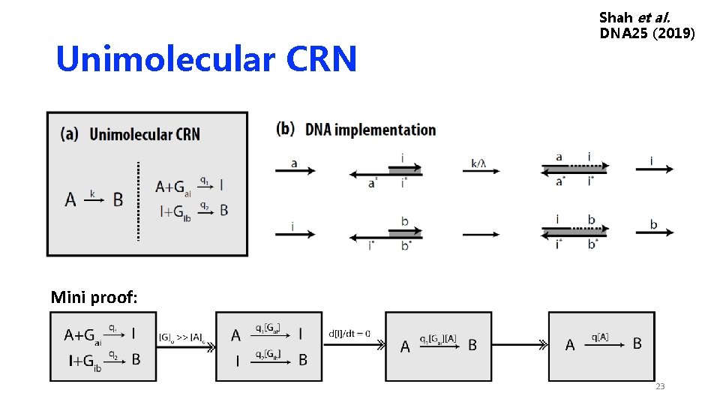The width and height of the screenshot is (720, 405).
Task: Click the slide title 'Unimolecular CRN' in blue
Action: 206,59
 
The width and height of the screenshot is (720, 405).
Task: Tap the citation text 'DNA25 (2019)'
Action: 647,34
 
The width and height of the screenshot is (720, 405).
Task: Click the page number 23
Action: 660,386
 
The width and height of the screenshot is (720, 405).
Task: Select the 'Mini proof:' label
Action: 94,298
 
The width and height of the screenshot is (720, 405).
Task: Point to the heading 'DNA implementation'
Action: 370,130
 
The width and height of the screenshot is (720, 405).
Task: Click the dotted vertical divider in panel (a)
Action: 138,200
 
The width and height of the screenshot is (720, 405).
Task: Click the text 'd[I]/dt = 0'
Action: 349,334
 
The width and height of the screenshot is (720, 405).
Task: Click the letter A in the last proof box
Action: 570,345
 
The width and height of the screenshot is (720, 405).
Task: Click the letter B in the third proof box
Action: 472,346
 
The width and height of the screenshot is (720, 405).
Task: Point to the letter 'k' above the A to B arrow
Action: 92,193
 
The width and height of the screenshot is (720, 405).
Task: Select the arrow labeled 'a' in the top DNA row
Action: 295,171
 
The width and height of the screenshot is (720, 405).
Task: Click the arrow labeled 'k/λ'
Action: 480,171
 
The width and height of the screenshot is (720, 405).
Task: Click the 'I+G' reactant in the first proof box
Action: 82,361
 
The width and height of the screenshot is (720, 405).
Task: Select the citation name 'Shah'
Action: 617,16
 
